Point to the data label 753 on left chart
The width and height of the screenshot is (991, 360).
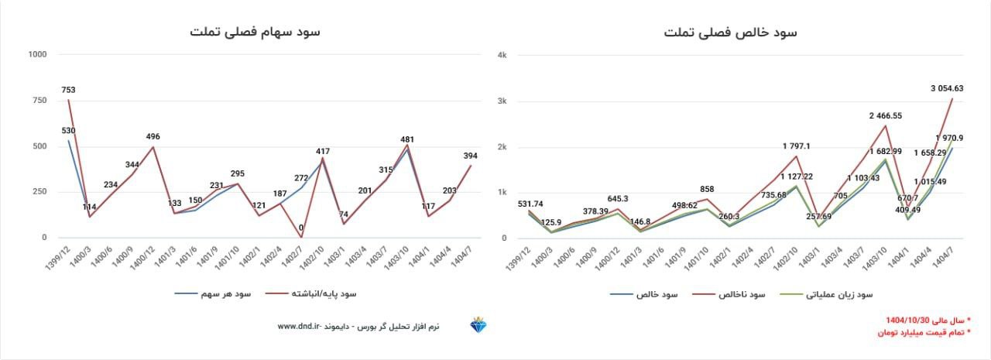pyautogui.click(x=69, y=90)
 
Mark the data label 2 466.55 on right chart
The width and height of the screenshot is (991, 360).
pyautogui.click(x=885, y=115)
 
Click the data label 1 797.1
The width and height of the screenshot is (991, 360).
pyautogui.click(x=797, y=146)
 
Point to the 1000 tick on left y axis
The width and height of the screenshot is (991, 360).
pyautogui.click(x=36, y=54)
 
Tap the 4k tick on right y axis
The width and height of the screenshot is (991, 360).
pyautogui.click(x=502, y=55)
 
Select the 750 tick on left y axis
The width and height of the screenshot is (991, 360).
pyautogui.click(x=39, y=101)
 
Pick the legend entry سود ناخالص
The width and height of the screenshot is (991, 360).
pyautogui.click(x=741, y=295)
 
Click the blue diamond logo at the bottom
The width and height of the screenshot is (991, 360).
pyautogui.click(x=477, y=325)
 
